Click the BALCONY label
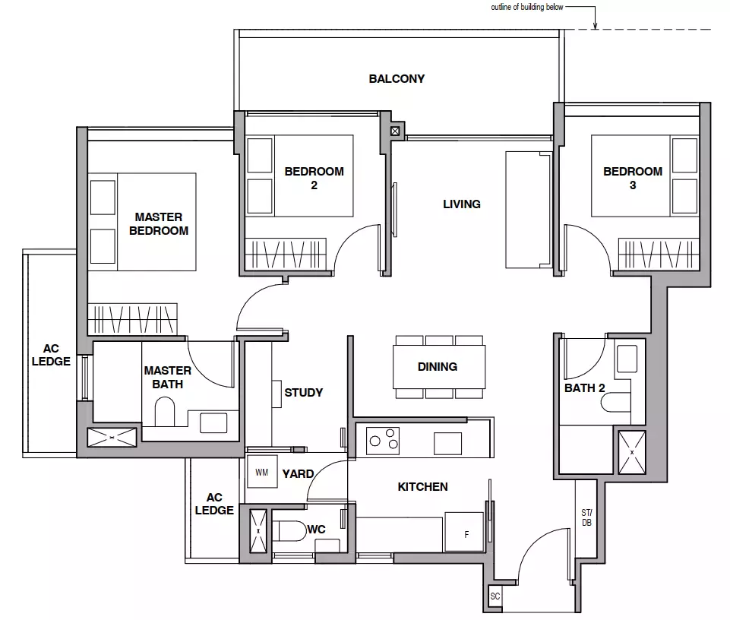(x=397, y=79)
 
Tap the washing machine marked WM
(x=261, y=472)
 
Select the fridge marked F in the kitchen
(x=463, y=532)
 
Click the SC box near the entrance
(x=495, y=596)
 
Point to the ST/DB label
(x=586, y=517)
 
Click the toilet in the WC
(x=289, y=530)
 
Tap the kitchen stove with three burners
(x=383, y=441)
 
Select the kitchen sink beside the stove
(x=448, y=444)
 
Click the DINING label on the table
(x=437, y=366)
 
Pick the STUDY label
(x=304, y=393)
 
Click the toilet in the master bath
(x=164, y=411)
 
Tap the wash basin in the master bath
(x=213, y=423)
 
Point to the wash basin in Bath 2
(x=627, y=359)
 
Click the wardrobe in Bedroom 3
(x=659, y=254)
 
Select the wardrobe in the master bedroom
(x=133, y=318)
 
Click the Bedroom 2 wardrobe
(x=286, y=254)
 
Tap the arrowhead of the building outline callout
(x=595, y=26)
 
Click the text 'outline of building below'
(x=527, y=7)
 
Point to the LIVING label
(x=461, y=204)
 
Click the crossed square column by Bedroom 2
(x=395, y=131)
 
